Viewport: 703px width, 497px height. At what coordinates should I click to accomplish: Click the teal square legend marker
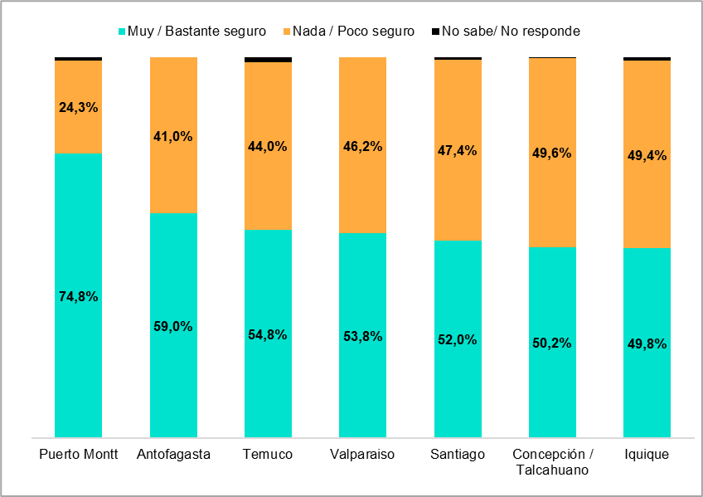pos(122,32)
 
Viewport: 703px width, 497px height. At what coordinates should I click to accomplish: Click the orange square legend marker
pos(287,32)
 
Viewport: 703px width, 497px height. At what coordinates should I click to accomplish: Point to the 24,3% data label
pos(79,107)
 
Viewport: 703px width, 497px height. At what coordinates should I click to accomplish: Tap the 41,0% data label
pos(173,136)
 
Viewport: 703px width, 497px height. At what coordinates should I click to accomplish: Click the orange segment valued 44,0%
pos(268,191)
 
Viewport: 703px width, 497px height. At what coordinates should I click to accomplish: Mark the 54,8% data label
pos(268,334)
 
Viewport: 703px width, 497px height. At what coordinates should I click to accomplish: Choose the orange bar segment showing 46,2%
pos(363,191)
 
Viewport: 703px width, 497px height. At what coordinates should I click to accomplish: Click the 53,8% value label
pos(363,336)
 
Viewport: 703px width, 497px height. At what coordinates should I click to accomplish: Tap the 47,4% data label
pos(458,150)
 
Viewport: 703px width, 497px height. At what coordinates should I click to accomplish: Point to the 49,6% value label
pos(552,153)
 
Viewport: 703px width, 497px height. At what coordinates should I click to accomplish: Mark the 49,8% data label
pos(647,344)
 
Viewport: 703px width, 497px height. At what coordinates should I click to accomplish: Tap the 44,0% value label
pos(268,146)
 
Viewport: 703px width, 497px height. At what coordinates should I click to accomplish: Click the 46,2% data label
pos(363,146)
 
